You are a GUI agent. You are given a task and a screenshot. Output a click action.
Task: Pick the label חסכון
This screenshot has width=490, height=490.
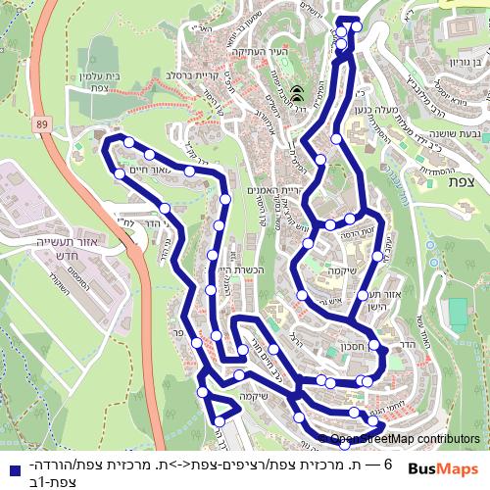click(x=355, y=345)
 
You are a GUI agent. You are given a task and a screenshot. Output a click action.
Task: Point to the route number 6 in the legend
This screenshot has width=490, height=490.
click(x=388, y=463)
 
